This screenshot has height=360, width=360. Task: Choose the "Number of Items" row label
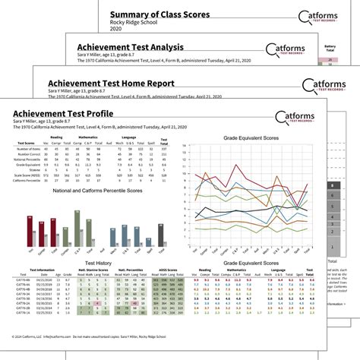[30, 153]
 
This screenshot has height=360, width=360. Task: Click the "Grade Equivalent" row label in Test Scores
[28, 166]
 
